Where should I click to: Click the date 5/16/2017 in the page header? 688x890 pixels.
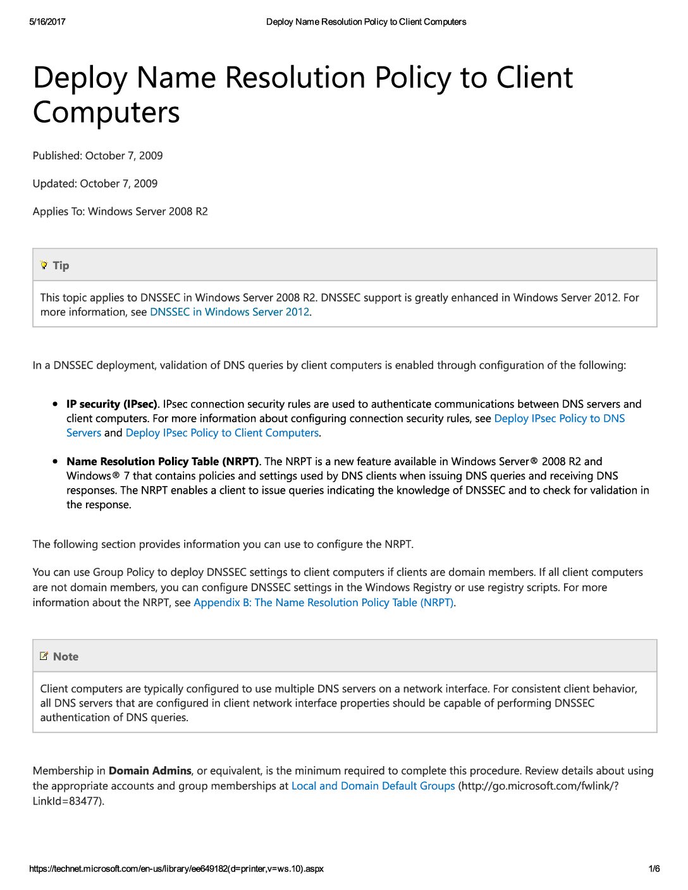pyautogui.click(x=47, y=21)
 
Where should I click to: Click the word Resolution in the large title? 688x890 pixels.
pyautogui.click(x=295, y=78)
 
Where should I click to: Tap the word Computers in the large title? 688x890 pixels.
pyautogui.click(x=106, y=113)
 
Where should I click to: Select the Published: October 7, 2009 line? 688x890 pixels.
pyautogui.click(x=97, y=155)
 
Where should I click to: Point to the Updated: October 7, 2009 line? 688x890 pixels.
pyautogui.click(x=95, y=183)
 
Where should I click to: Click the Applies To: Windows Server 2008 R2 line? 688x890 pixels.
pyautogui.click(x=120, y=211)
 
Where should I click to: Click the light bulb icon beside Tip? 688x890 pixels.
pyautogui.click(x=44, y=265)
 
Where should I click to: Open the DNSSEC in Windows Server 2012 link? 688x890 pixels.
pyautogui.click(x=230, y=312)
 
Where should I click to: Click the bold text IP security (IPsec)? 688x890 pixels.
pyautogui.click(x=111, y=404)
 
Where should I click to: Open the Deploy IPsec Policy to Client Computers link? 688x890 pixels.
pyautogui.click(x=222, y=433)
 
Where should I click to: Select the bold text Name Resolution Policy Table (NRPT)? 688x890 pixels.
pyautogui.click(x=163, y=461)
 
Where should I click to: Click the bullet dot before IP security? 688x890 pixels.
pyautogui.click(x=56, y=404)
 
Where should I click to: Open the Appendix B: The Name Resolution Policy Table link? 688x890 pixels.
pyautogui.click(x=323, y=602)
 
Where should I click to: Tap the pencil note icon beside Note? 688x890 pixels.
pyautogui.click(x=44, y=656)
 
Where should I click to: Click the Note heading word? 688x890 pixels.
pyautogui.click(x=66, y=657)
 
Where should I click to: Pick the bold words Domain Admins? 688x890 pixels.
pyautogui.click(x=150, y=771)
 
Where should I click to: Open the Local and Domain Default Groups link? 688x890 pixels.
pyautogui.click(x=373, y=786)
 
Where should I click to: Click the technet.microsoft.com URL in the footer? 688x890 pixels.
pyautogui.click(x=176, y=869)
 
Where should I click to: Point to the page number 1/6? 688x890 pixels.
pyautogui.click(x=654, y=869)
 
